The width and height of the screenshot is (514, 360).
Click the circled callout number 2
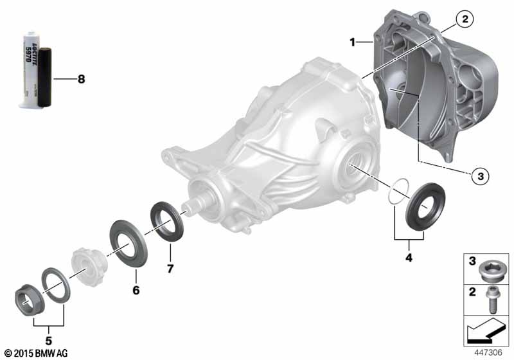(465, 19)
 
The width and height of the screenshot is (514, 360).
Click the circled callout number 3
(480, 176)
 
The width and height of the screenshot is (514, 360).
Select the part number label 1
(352, 42)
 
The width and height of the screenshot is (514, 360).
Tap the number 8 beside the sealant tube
(81, 79)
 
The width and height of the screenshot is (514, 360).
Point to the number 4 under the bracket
(409, 258)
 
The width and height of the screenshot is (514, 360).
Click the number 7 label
(170, 269)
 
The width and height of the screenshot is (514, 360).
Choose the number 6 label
(136, 290)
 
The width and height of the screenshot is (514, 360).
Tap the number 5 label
(49, 341)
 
